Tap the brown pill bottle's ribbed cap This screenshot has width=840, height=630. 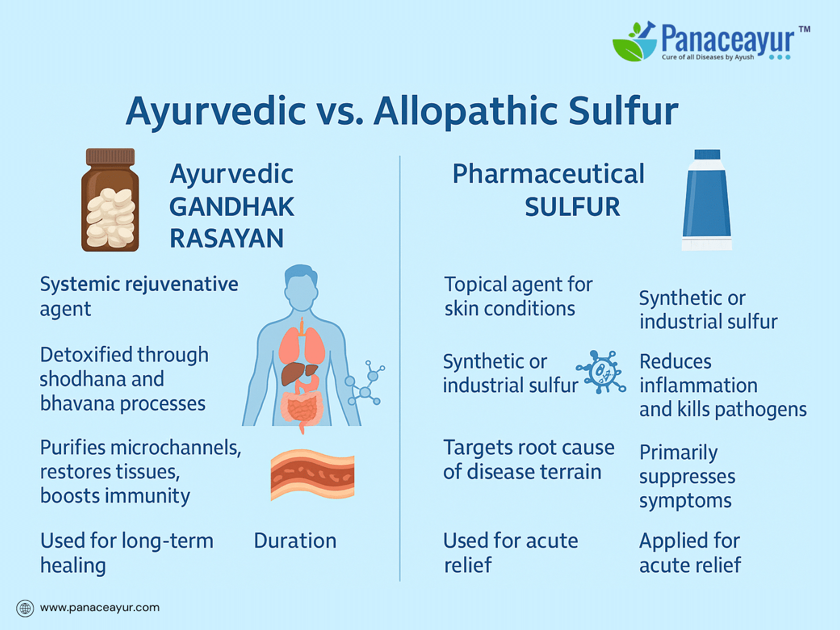(x=110, y=157)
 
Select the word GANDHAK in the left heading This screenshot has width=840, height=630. (x=232, y=207)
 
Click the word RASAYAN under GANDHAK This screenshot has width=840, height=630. (x=227, y=238)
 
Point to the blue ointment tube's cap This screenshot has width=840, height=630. (x=707, y=155)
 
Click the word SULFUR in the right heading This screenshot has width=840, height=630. (x=572, y=207)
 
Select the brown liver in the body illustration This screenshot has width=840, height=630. (x=299, y=373)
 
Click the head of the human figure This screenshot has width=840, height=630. (x=301, y=287)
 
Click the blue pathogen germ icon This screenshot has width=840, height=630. (x=601, y=372)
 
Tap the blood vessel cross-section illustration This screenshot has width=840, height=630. (x=312, y=475)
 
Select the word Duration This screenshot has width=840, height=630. (x=295, y=540)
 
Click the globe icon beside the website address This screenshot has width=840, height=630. (x=25, y=608)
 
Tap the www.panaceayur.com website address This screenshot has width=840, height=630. (x=100, y=608)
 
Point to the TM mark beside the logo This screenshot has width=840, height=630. (x=805, y=29)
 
